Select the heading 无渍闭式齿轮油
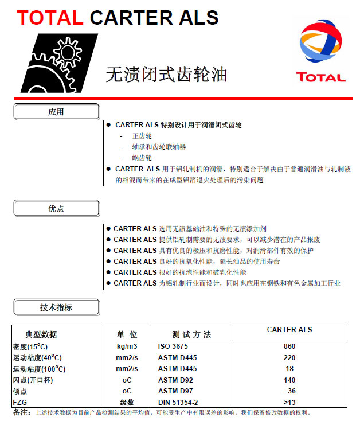point(166,74)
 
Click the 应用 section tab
point(56,112)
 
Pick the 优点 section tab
point(56,209)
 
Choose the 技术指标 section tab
point(56,307)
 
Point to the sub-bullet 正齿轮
point(142,136)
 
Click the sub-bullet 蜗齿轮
point(142,158)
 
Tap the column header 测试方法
point(191,334)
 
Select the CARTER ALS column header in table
point(289,330)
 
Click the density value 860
point(289,346)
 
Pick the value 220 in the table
point(289,358)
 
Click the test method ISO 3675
point(173,346)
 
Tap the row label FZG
point(21,402)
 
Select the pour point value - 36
point(289,391)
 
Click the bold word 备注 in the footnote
point(21,412)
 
